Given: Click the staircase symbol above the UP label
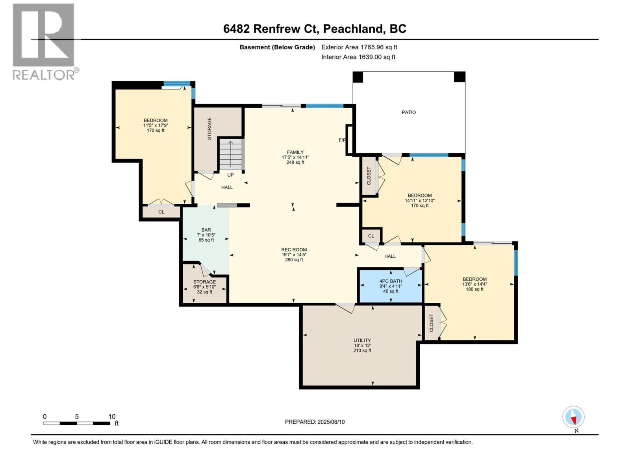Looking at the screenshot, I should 231,154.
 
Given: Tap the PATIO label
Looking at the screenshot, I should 409,112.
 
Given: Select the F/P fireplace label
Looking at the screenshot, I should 342,140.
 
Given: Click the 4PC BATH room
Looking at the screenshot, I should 391,286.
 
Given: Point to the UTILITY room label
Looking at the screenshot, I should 362,341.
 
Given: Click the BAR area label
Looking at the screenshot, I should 206,230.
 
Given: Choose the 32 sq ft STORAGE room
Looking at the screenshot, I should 204,287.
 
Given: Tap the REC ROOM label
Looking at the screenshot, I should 294,250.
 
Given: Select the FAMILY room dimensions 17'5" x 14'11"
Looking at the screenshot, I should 295,157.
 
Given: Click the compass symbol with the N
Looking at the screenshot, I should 573,417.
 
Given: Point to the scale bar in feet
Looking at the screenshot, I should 77,423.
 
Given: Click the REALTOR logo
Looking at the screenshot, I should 44,41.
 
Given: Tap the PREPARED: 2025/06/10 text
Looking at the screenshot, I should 315,422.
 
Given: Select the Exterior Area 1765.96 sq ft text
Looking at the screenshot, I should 359,47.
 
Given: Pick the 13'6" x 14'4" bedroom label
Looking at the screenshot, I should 474,284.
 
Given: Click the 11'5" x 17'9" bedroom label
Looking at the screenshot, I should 156,125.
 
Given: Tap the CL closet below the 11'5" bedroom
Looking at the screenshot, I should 161,212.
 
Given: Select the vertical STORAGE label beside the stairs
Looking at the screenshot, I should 209,128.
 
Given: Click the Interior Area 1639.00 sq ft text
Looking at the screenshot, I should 358,57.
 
